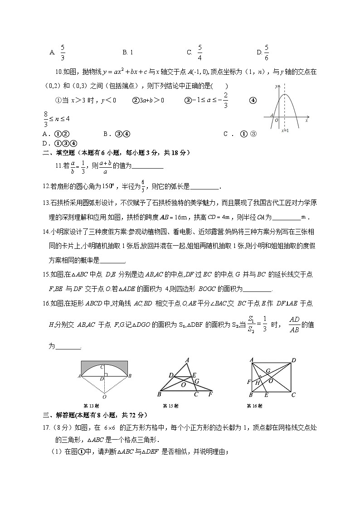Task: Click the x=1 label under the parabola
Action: point(285,131)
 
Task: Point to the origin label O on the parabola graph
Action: point(276,121)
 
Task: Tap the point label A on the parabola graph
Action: point(271,115)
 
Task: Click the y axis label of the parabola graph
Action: point(276,86)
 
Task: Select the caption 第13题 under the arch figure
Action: point(91,406)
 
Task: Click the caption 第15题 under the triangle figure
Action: point(170,406)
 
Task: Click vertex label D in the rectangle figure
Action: point(294,360)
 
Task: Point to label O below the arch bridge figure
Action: point(104,396)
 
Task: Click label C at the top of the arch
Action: point(102,367)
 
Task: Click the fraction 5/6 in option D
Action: point(266,52)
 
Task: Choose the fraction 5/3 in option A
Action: point(63,52)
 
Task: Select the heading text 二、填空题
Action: point(58,153)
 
